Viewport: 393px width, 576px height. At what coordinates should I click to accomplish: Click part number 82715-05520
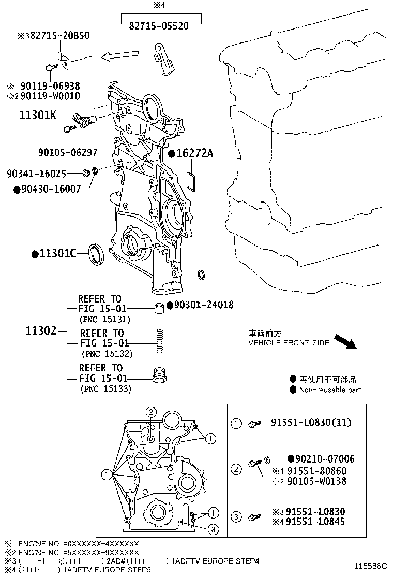159,26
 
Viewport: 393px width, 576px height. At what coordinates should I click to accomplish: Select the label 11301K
38,116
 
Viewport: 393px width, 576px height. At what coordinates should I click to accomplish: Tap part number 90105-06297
68,152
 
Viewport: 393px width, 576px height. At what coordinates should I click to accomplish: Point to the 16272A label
194,153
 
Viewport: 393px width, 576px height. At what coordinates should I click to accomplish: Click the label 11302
41,330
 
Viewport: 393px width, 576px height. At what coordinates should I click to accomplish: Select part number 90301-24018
203,305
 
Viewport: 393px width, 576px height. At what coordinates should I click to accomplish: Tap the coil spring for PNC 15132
159,341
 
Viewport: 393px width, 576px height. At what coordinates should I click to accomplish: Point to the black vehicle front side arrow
346,342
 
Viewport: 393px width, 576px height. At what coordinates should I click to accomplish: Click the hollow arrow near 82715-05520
120,55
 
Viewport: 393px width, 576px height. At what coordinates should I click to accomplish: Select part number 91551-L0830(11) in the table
311,423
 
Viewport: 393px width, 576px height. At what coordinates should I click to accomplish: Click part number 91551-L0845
315,522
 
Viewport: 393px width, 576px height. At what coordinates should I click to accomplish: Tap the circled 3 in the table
236,517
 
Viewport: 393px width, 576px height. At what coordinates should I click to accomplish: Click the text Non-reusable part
330,390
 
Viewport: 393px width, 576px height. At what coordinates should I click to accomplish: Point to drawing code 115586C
370,566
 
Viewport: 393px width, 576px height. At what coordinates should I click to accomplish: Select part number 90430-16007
51,189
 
